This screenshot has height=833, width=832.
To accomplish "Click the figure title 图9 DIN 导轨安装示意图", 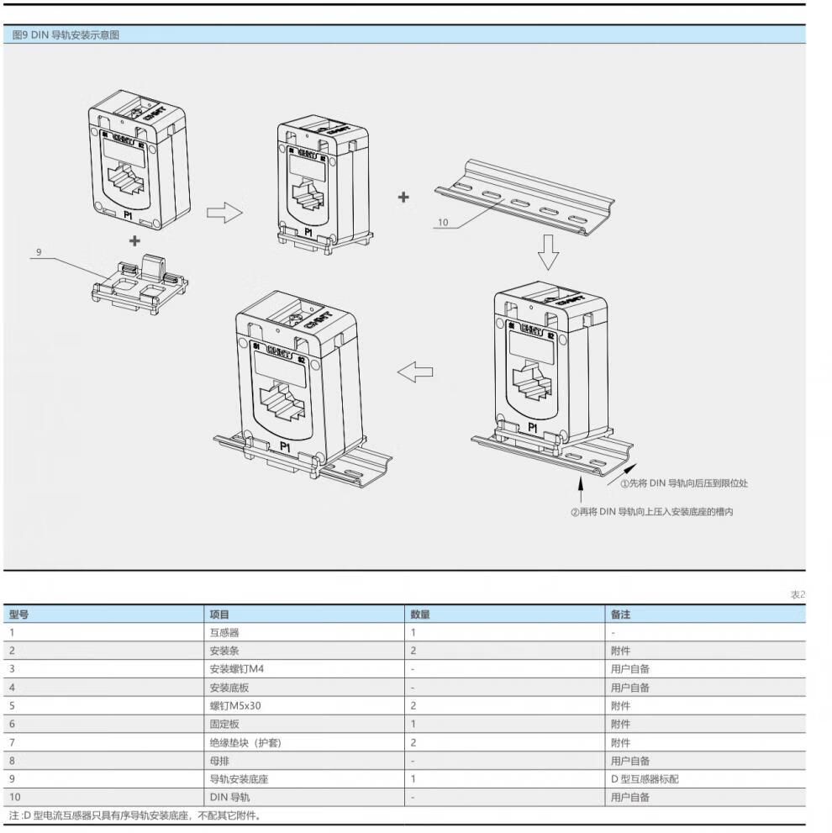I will point(66,35).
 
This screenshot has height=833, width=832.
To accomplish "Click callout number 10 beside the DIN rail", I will point(443,223).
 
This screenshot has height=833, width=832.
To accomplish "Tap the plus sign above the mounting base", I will point(134,240).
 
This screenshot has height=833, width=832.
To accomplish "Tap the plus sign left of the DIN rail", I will point(403,198).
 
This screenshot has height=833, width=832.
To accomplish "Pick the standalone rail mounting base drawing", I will point(138,284).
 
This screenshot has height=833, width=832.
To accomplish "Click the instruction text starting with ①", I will point(684,483).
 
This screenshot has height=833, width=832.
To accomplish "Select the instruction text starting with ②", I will point(651,512).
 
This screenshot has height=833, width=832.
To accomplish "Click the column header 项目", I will point(219,614).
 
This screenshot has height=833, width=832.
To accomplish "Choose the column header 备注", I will point(620,614).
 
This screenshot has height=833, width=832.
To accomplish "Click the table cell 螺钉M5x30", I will point(235,706).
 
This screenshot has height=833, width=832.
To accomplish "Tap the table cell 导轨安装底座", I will point(239,779).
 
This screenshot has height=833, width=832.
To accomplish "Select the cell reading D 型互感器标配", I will point(645,779).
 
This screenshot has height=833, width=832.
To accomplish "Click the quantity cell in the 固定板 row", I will point(413,725).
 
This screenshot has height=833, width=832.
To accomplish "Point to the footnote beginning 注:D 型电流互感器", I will point(135,815).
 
